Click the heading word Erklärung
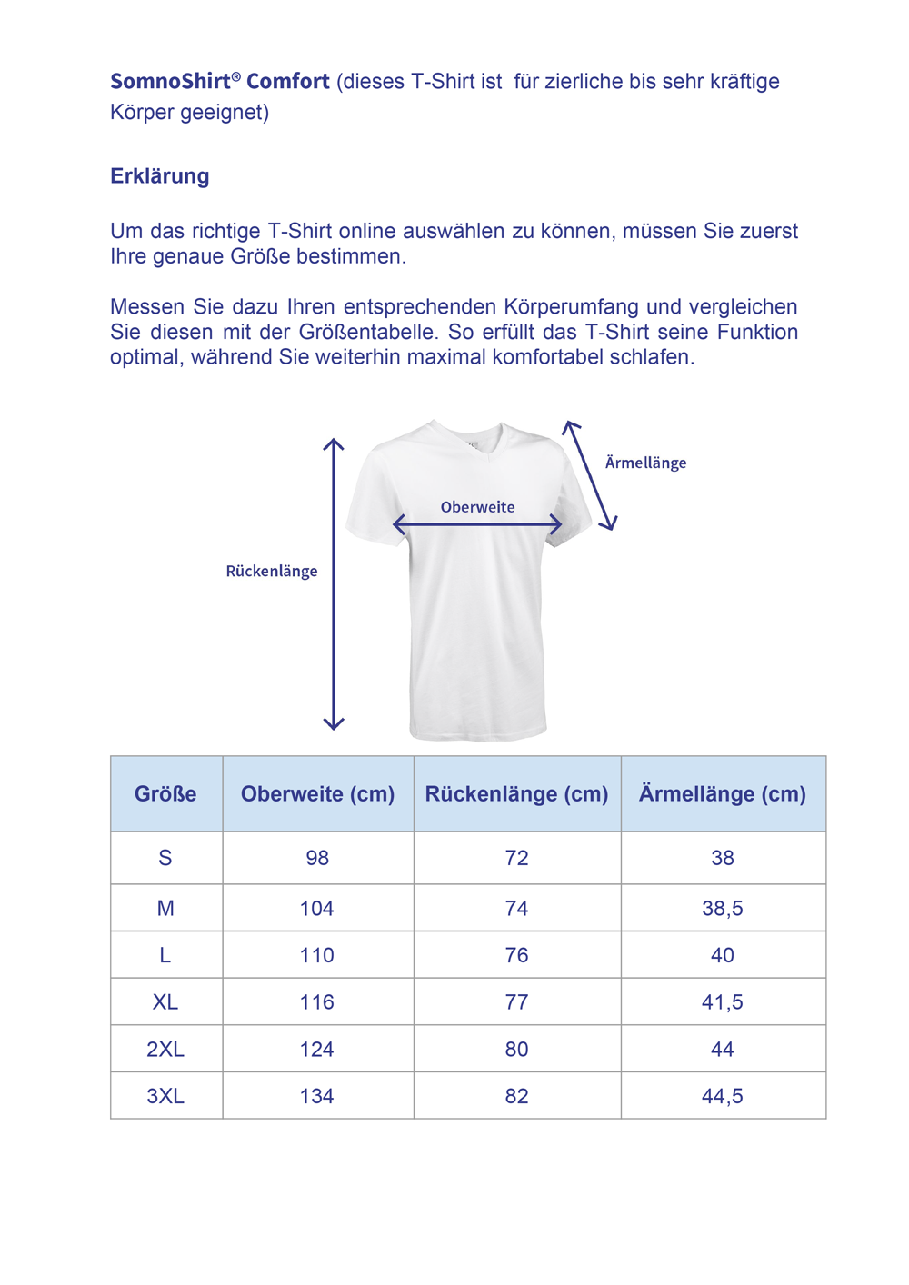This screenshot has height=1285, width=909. [x=160, y=175]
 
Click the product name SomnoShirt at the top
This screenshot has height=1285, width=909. [x=171, y=81]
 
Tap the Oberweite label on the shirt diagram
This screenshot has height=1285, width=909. [x=477, y=507]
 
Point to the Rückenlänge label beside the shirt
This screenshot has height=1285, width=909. [x=272, y=571]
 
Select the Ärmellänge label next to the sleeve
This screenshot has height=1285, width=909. [x=645, y=463]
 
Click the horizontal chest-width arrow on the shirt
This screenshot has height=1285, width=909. [x=477, y=524]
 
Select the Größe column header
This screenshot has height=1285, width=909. [x=165, y=793]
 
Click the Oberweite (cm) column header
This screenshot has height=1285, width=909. [x=317, y=793]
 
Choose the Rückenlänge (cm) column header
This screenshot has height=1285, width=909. [x=516, y=793]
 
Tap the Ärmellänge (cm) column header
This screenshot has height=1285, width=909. [x=723, y=793]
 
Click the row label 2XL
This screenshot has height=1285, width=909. [x=165, y=1049]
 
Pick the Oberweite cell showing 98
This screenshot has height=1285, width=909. [x=317, y=857]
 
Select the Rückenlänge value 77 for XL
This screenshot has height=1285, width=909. [x=516, y=1001]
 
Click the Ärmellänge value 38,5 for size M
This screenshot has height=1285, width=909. [x=723, y=908]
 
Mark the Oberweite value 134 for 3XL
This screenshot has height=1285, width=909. [x=317, y=1096]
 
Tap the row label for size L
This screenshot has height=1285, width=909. [x=165, y=955]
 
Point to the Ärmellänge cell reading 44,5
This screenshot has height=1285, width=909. [x=723, y=1096]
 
